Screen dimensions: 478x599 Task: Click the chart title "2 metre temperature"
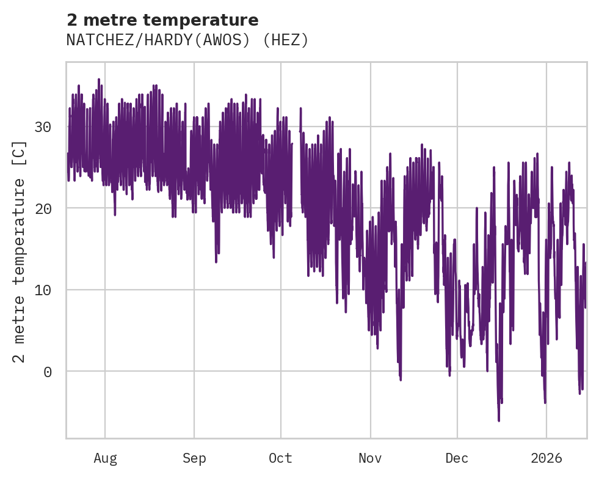162,20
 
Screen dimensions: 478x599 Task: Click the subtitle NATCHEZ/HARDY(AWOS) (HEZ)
187,40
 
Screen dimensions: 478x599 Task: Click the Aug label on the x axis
105,458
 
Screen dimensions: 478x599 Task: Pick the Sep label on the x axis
194,458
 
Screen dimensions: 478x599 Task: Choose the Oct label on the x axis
281,458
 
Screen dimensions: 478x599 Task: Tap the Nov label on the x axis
370,458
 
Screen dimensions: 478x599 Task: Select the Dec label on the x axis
457,458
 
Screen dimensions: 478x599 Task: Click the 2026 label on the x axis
546,458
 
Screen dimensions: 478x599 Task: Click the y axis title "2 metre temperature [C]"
20,251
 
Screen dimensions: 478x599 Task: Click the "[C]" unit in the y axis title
20,153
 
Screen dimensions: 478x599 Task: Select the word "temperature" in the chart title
201,20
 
